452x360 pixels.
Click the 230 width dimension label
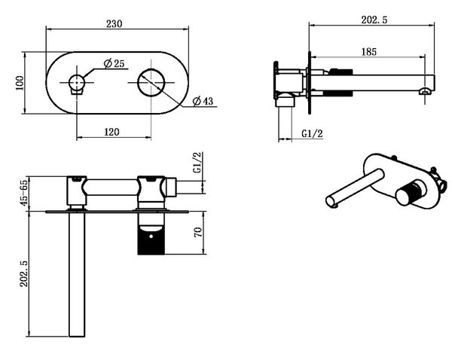point(115,23)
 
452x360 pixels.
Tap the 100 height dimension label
point(20,83)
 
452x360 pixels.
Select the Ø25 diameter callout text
point(115,63)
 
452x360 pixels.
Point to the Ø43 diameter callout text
point(203,101)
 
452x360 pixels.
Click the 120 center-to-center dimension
point(111,132)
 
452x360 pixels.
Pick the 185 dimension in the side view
point(369,52)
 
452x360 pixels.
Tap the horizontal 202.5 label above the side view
point(374,20)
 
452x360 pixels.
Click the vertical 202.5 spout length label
point(23,274)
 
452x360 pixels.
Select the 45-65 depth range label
point(23,192)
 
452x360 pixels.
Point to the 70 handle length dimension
point(197,232)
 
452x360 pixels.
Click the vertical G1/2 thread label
point(197,162)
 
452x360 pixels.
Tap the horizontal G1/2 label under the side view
point(312,133)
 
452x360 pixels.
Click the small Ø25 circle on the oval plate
point(77,82)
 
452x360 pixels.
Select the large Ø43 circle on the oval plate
point(151,82)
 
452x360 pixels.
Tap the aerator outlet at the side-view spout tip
point(426,91)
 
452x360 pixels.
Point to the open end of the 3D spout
point(330,201)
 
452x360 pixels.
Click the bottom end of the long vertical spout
point(77,336)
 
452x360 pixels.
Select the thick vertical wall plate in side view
point(310,83)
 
